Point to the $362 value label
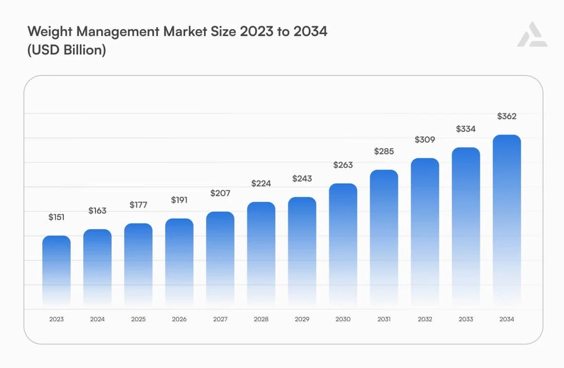507,116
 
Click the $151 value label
56,217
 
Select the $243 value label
302,179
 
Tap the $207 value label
220,193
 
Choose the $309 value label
424,140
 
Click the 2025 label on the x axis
138,319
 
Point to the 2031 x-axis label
384,319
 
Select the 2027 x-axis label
220,319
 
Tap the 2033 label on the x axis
466,319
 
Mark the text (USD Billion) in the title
67,50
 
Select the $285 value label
384,151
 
